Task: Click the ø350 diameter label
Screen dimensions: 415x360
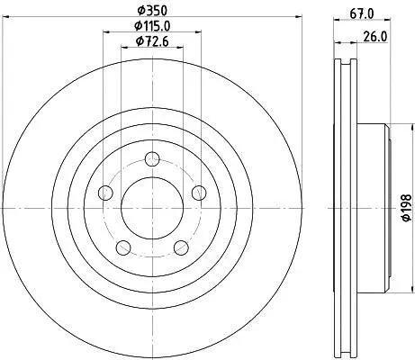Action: (152, 11)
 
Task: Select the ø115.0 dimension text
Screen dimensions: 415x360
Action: (152, 26)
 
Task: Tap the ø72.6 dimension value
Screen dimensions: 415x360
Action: (152, 41)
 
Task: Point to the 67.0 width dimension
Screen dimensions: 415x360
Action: (362, 13)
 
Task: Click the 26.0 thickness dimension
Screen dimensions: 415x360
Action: (375, 37)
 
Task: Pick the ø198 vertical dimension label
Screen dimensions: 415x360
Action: (406, 208)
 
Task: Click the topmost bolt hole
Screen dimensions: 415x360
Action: (152, 159)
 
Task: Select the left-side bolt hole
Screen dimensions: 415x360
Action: (105, 193)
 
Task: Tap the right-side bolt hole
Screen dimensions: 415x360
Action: (199, 193)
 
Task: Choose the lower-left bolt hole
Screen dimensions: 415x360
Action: (123, 247)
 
